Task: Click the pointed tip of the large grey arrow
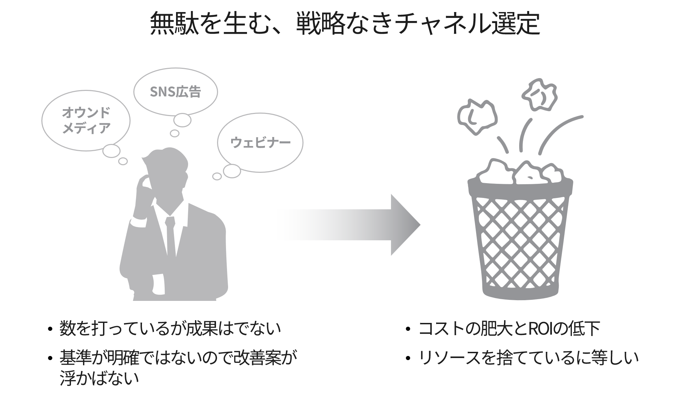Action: point(420,225)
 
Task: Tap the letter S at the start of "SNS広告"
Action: point(154,92)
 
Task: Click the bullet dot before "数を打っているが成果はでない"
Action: point(50,329)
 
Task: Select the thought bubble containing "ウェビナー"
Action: point(260,143)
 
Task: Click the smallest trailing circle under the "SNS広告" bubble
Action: point(175,133)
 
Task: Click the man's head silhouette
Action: point(165,179)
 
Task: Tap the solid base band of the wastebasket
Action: point(520,292)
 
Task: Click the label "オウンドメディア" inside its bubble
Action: point(86,120)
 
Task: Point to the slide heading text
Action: point(345,23)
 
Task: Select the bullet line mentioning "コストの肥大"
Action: point(509,329)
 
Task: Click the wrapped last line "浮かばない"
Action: point(99,378)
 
